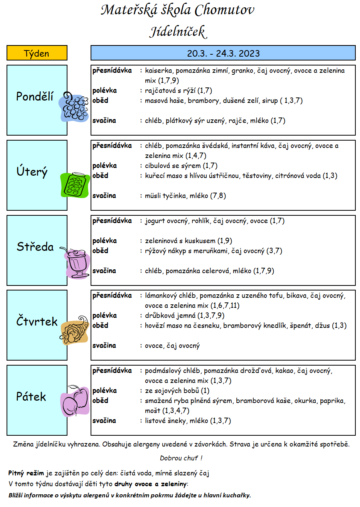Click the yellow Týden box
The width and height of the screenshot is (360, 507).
pos(37,53)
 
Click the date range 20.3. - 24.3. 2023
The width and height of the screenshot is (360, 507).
pos(223,54)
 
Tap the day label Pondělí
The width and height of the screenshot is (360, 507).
pos(35,96)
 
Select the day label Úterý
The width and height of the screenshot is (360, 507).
pos(32,171)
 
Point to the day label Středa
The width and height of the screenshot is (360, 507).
pos(35,247)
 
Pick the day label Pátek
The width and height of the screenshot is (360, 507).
pos(31,396)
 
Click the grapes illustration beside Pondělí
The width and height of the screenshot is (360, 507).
pos(74,107)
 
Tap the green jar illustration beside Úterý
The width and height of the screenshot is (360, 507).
pos(75,185)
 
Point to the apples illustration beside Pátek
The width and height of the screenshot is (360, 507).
pos(75,401)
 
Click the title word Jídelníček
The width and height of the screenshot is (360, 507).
pos(178,32)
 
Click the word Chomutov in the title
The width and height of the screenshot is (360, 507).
pos(224,10)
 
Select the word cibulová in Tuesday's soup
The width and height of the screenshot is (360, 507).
pos(158,166)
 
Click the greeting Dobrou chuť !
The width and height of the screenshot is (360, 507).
pos(181,458)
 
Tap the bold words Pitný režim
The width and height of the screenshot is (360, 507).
pos(26,473)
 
